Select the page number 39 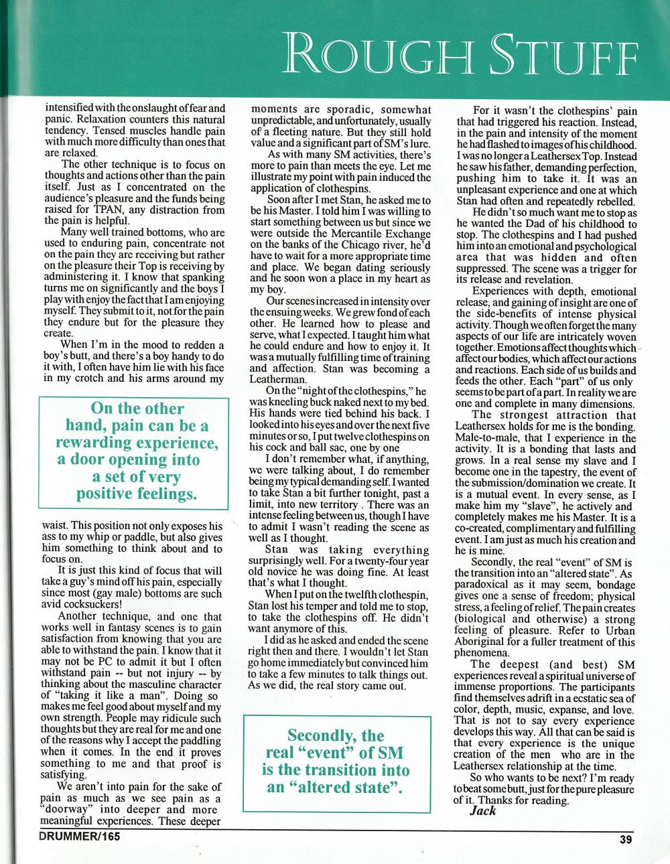pos(626,841)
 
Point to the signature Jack pos(482,810)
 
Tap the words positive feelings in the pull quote pos(137,494)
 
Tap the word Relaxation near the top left pos(98,118)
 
